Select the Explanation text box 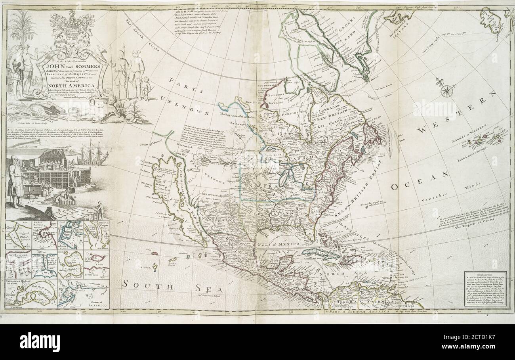click(486, 289)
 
